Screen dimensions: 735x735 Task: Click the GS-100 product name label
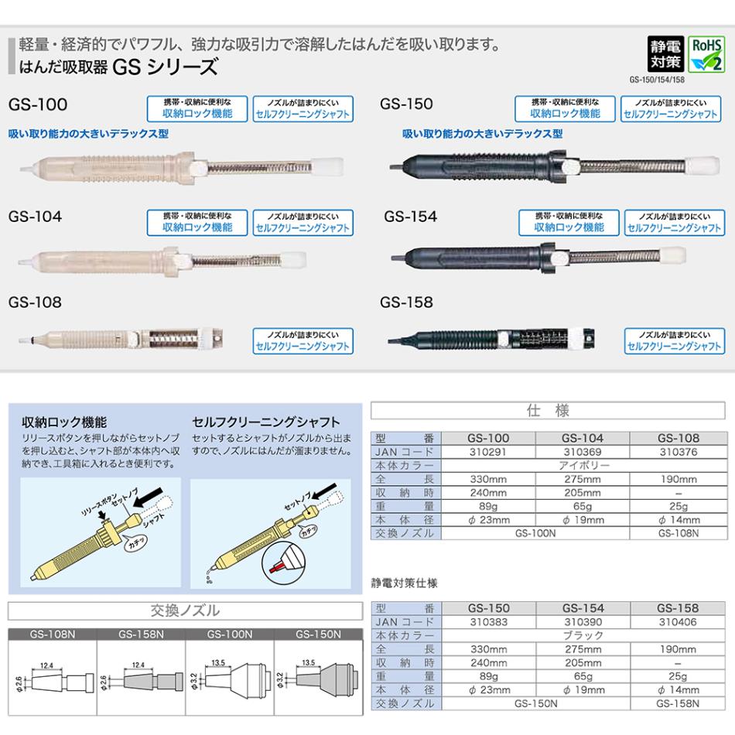[x=38, y=104]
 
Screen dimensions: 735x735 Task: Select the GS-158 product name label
[x=406, y=303]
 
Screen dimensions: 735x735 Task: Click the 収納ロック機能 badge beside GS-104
[x=197, y=222]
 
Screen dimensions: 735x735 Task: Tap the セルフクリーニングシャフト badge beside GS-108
[x=303, y=341]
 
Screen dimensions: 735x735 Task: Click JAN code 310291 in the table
[x=489, y=452]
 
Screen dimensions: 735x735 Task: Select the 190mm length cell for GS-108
[x=678, y=480]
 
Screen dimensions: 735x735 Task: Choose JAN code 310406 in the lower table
[x=678, y=621]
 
